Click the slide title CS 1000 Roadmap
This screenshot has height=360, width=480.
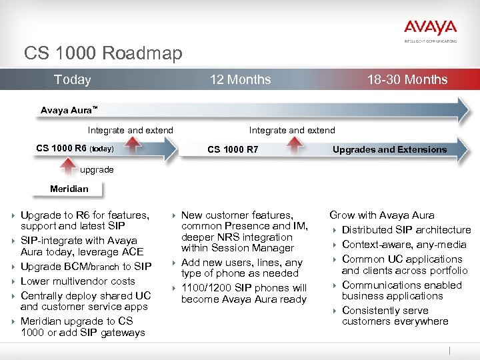pos(103,53)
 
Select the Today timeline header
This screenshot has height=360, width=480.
pos(72,80)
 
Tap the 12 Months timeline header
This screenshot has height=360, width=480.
pos(240,80)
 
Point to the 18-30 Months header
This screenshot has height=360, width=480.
pos(407,80)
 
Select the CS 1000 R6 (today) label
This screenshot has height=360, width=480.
pos(75,148)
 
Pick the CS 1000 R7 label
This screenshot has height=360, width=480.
pos(233,149)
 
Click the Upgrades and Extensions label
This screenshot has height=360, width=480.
pos(389,149)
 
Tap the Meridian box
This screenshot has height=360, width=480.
pos(69,189)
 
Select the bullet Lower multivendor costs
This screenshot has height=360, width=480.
pos(77,281)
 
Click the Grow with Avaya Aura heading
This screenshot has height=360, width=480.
pos(381,215)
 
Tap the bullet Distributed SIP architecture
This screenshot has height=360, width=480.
pos(406,230)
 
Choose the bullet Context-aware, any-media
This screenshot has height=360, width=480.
pos(404,245)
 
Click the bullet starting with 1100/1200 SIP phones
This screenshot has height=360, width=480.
pos(243,293)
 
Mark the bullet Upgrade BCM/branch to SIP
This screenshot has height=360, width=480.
pos(86,267)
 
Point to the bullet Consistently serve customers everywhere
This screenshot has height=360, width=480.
pos(395,316)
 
